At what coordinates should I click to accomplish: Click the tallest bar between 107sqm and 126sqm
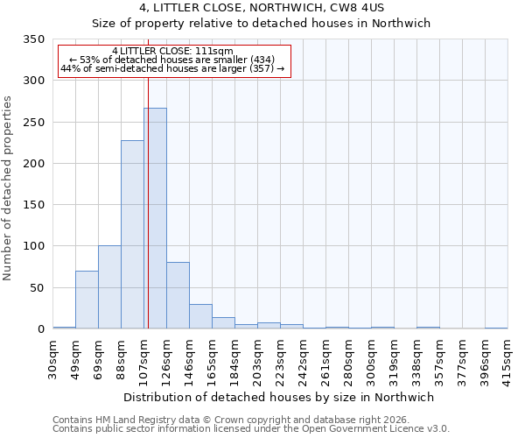[155, 218]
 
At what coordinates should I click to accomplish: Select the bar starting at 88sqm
[132, 235]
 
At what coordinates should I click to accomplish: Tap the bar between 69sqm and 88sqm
[109, 287]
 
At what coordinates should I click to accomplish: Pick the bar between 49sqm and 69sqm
[87, 300]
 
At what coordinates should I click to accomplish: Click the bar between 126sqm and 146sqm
[178, 295]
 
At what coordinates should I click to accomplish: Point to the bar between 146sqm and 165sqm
[200, 316]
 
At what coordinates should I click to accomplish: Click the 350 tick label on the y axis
[33, 39]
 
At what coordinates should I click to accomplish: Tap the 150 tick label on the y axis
[33, 205]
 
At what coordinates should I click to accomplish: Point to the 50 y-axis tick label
[37, 287]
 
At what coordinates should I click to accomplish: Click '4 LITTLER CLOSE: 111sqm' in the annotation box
[172, 51]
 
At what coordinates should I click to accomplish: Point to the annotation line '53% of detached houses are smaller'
[172, 60]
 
